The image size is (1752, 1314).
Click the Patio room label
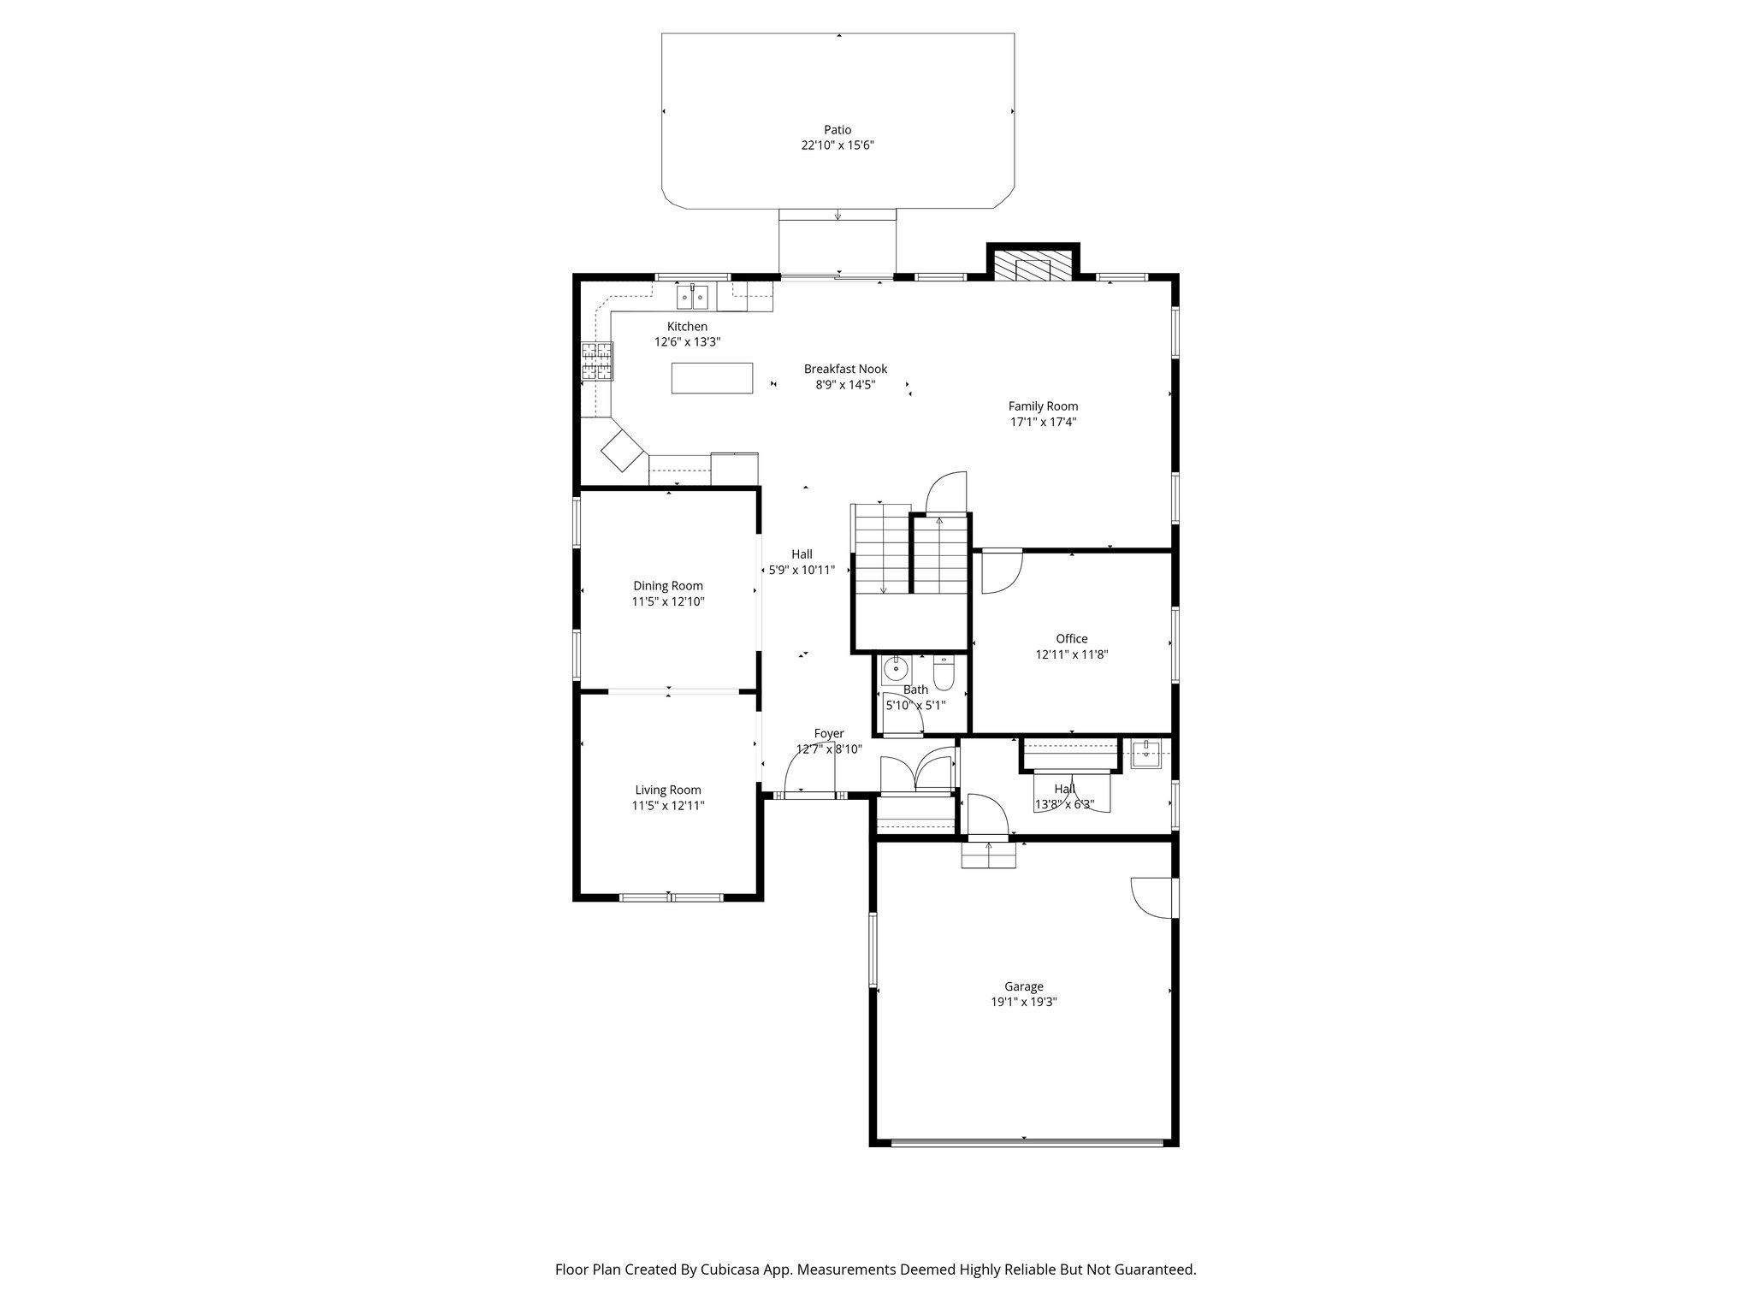tap(837, 130)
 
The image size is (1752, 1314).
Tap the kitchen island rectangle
tap(712, 377)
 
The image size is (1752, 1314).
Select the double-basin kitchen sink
tap(692, 298)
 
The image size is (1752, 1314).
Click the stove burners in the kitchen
tap(597, 360)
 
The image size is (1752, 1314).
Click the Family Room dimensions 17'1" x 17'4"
tap(1042, 422)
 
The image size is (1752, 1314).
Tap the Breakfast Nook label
tap(845, 369)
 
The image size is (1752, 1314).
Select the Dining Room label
tap(668, 586)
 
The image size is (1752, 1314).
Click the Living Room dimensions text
tap(668, 806)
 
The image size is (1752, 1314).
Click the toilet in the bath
tap(943, 674)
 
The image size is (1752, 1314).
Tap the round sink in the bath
tap(895, 668)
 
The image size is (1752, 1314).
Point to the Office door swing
tap(1000, 571)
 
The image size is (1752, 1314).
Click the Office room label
tap(1071, 639)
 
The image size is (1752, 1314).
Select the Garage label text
tap(1023, 986)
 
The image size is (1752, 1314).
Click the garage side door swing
tap(1151, 897)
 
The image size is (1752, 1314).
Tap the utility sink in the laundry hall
tap(1145, 755)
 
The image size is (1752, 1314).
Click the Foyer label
tap(828, 734)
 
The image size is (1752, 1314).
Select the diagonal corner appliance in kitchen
tap(622, 450)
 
